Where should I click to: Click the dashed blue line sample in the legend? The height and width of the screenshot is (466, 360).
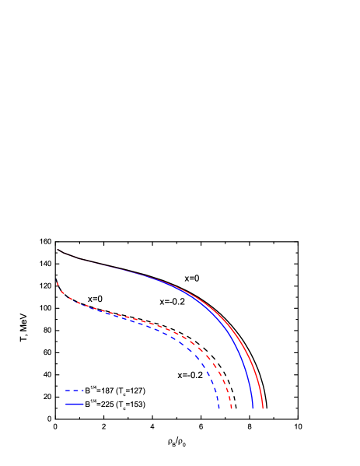coord(74,391)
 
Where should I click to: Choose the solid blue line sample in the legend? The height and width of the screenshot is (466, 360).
coord(75,405)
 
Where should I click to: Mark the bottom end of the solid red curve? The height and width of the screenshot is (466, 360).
coord(263,407)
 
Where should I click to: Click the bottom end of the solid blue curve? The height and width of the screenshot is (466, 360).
coord(253,407)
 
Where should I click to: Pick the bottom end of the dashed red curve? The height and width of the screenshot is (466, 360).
coord(232,407)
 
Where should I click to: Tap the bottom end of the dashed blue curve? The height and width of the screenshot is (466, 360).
coord(219,407)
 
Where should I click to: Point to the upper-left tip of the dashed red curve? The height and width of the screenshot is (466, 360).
coord(58,282)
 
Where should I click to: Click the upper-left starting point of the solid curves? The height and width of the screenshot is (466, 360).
coord(58,250)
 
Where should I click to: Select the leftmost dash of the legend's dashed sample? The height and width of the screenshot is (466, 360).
coord(68,391)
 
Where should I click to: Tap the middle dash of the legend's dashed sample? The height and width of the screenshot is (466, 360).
coord(75,391)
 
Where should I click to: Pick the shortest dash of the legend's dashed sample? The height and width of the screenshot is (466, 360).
coord(82,391)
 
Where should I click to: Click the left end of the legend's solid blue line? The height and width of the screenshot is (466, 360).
coord(66,405)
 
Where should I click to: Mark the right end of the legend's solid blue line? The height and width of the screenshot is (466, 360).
coord(83,405)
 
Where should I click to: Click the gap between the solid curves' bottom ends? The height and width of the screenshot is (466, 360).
coord(258,406)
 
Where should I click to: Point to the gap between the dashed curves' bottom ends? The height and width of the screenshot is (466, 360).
coord(225,406)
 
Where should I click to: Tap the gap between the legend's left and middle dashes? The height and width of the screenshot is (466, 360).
coord(72,391)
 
